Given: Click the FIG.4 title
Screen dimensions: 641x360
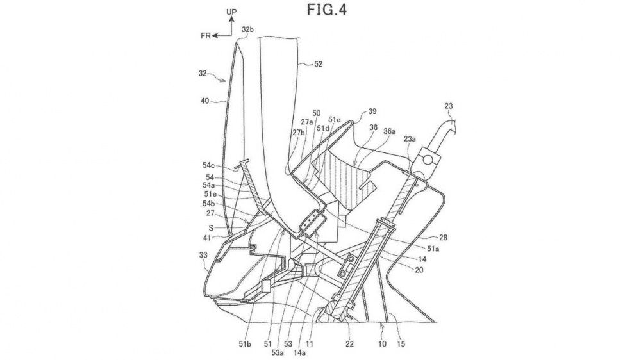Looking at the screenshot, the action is coord(327,10).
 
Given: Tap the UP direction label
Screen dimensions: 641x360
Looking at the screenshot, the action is coord(231,12).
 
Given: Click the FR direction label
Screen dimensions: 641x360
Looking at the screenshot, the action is coord(206,36).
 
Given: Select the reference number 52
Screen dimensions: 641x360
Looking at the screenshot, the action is coord(318,64).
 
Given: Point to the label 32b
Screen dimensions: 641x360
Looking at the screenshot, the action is coord(247,29).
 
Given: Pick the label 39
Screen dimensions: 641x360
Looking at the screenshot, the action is coord(372,111).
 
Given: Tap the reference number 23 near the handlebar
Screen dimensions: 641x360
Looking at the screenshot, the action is coord(449,106).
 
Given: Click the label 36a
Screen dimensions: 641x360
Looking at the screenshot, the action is coord(389,131).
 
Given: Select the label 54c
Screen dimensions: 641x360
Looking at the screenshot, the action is coord(208,165).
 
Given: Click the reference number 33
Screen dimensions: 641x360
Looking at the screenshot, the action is coord(203,256).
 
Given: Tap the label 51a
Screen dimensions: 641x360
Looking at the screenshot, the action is coord(434,248).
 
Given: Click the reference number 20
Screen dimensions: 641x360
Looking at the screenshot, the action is coord(419,270).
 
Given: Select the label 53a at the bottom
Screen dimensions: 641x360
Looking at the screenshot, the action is coord(278,352).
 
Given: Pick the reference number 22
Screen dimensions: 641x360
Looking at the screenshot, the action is coord(349,344).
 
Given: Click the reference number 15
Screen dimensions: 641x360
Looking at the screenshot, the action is coord(401,344).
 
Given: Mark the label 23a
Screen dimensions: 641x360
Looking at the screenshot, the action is coord(410,139).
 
